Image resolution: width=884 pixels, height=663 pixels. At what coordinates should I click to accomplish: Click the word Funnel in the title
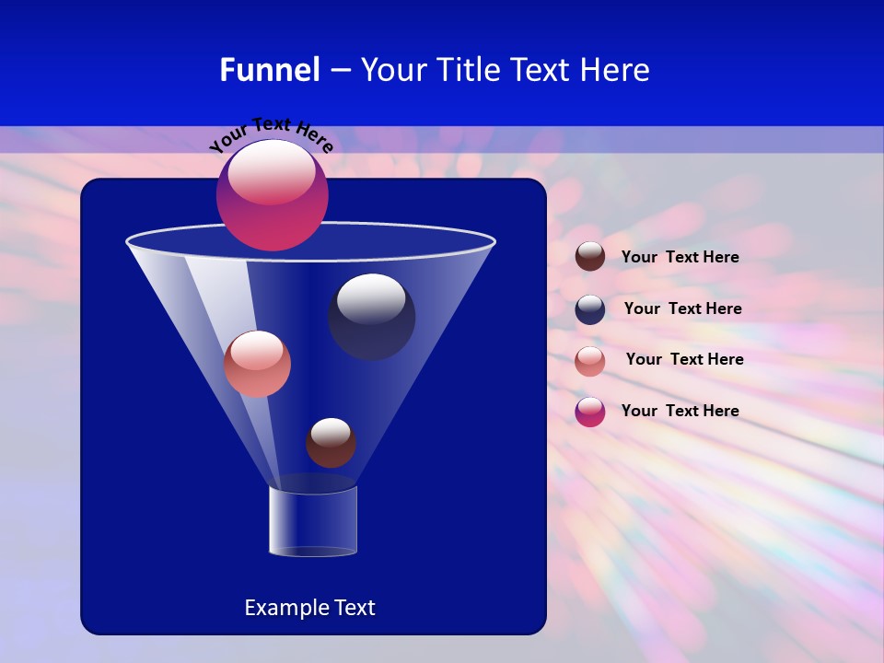point(269,70)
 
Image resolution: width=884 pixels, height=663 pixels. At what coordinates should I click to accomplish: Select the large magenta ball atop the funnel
point(273,195)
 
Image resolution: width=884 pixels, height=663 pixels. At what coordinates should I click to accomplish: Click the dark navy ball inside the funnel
point(371,318)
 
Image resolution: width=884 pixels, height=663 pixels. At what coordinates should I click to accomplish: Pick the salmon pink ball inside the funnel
point(257,364)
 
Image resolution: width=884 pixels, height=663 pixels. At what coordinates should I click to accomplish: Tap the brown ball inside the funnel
point(331,443)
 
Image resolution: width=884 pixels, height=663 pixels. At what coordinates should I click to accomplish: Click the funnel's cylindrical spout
point(313,520)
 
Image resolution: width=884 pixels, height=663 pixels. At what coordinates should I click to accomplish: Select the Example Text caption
point(309,608)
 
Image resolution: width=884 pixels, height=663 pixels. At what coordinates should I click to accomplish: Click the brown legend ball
point(590,257)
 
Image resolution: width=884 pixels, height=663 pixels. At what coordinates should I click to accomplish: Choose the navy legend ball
point(590,308)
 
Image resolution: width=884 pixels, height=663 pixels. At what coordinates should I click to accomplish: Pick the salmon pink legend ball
point(590,360)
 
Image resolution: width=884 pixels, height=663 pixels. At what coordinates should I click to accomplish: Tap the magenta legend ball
point(590,412)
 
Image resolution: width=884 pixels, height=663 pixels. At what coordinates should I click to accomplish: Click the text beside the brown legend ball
point(680,258)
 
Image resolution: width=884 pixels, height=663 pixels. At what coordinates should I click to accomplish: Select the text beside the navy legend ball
point(682,309)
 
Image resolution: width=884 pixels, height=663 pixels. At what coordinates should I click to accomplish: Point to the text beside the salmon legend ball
point(684,360)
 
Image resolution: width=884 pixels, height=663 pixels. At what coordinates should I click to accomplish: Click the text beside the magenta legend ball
point(680,412)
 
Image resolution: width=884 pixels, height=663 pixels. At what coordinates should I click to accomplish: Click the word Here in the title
point(617,70)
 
